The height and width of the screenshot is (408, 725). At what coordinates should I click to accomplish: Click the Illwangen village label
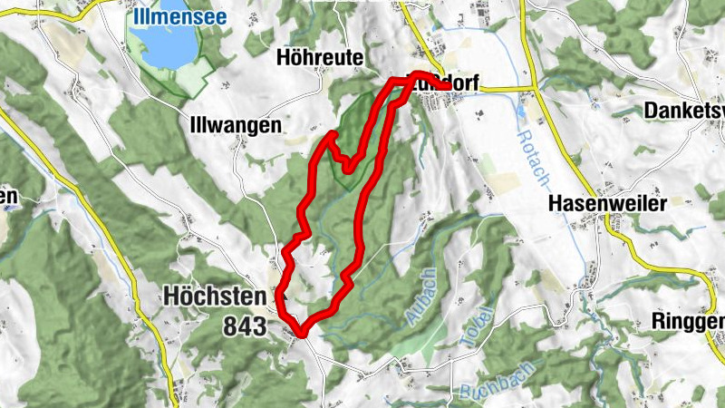click(x=235, y=125)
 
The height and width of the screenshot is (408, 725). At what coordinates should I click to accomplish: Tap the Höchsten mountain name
click(x=215, y=296)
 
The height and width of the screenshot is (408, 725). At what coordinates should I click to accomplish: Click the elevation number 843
click(x=243, y=325)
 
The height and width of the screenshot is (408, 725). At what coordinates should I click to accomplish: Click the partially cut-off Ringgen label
click(x=688, y=321)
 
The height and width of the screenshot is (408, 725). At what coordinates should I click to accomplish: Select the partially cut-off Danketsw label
click(x=684, y=111)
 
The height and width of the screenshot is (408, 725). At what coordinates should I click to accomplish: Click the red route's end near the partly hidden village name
click(x=444, y=85)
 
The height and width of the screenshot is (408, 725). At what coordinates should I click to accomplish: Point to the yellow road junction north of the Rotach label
click(x=536, y=89)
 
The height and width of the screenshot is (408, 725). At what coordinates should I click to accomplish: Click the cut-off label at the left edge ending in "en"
click(x=9, y=196)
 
